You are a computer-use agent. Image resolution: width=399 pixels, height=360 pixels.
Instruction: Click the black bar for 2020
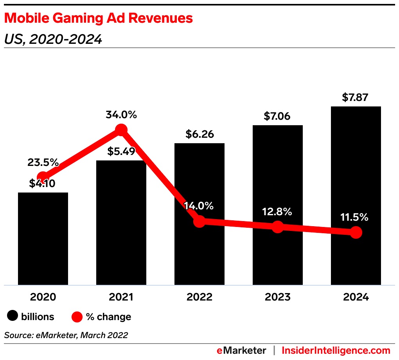click(43, 239)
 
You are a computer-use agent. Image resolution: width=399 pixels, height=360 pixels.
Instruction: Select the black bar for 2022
click(199, 250)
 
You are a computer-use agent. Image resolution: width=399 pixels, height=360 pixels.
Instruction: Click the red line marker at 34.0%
click(121, 130)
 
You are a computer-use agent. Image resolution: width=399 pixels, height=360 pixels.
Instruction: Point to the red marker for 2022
click(199, 221)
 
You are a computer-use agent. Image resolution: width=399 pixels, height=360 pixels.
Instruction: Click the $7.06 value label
click(278, 116)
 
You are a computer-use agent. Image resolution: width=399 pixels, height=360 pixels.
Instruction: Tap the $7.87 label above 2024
click(355, 97)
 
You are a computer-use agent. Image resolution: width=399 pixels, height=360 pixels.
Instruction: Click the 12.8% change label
click(277, 212)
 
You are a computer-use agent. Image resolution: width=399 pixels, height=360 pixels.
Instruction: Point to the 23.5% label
click(43, 162)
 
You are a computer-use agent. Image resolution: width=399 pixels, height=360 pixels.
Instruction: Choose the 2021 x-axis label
click(121, 297)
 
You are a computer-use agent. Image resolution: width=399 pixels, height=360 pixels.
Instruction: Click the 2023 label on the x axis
click(278, 297)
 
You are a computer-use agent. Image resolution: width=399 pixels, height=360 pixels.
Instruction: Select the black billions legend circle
click(13, 317)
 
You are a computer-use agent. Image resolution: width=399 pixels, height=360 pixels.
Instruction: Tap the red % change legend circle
click(77, 317)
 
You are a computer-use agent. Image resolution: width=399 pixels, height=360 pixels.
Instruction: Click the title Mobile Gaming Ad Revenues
click(98, 18)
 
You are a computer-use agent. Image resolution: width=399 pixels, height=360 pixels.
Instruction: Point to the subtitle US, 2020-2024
click(53, 39)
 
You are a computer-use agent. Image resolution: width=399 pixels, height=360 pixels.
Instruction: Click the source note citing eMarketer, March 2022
click(66, 335)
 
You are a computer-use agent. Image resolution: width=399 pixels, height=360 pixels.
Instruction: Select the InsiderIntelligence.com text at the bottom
click(336, 350)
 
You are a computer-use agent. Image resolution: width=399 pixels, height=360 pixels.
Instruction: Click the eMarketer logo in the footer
click(241, 350)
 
